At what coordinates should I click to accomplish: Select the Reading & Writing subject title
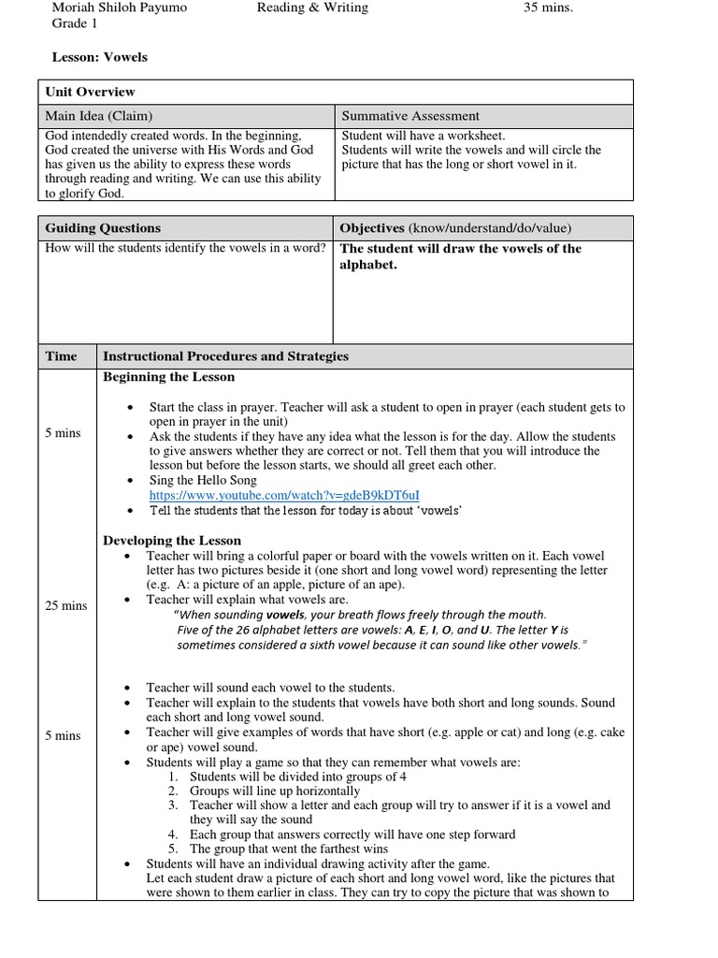click(312, 7)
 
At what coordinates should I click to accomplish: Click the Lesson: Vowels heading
click(99, 57)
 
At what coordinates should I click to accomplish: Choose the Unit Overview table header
click(91, 92)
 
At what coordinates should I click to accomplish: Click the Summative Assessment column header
click(410, 116)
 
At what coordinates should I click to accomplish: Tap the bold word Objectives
click(372, 228)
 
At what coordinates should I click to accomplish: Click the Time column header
click(62, 356)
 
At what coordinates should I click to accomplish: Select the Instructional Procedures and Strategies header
click(225, 356)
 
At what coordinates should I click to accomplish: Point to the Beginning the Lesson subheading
click(168, 377)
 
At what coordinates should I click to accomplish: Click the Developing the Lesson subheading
click(172, 541)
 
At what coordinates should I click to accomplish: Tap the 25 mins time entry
click(65, 605)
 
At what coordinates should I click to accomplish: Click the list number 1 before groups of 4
click(174, 777)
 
